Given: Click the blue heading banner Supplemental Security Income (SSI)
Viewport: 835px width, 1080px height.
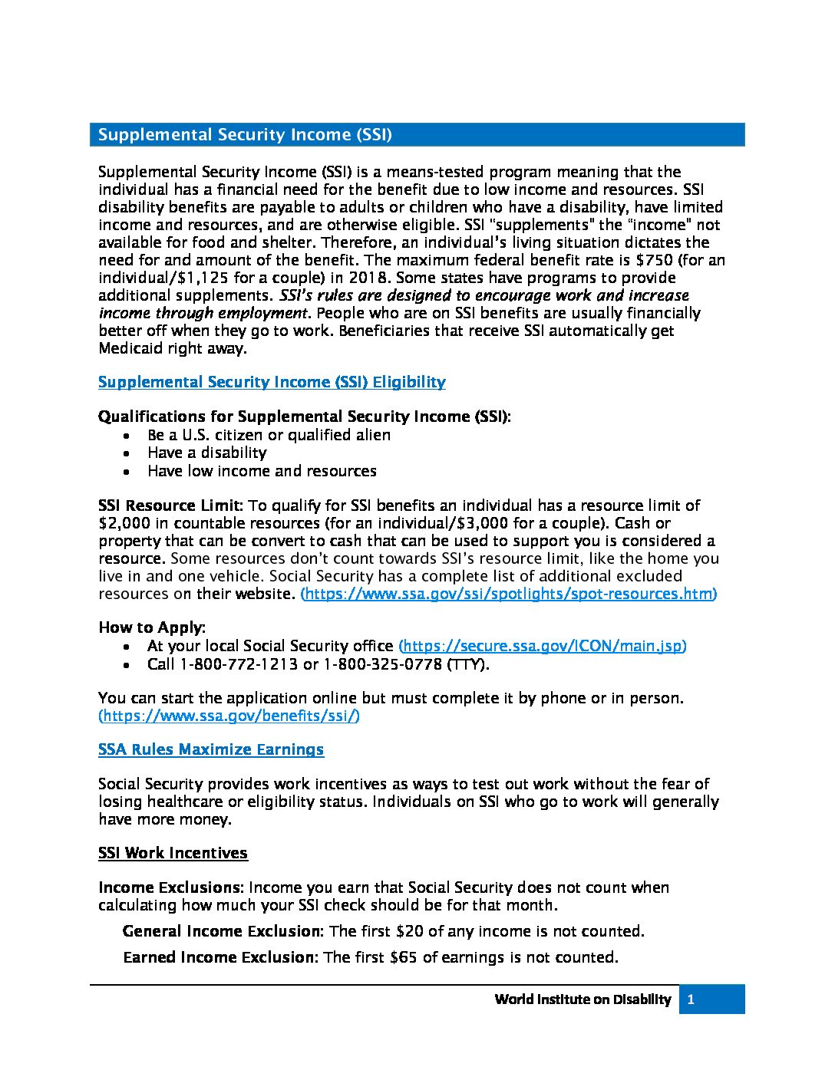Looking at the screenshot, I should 417,135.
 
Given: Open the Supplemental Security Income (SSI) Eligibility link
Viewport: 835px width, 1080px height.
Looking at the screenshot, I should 272,382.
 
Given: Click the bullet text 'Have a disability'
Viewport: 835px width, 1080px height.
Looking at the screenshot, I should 207,453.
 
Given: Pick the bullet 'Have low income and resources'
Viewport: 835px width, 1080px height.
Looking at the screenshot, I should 262,471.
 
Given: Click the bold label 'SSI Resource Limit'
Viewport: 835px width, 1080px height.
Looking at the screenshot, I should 170,505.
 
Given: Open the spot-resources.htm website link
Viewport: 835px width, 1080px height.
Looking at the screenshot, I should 508,594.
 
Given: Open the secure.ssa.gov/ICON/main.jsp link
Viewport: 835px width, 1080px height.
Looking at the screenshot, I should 542,646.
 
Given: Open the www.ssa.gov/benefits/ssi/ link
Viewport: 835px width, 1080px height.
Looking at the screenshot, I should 229,716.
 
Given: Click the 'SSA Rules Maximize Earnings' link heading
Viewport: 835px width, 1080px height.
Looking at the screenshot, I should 211,749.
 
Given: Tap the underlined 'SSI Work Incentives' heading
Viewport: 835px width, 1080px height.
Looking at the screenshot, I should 173,853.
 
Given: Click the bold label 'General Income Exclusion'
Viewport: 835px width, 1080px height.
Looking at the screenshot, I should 221,931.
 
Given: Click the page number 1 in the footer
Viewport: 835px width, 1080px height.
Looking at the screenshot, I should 691,999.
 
